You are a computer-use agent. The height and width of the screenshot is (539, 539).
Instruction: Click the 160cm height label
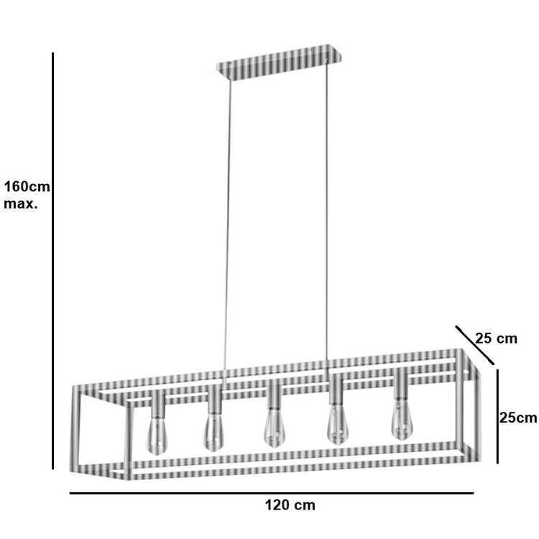pos(27,187)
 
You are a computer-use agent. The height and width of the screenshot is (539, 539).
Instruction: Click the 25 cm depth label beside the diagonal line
pos(496,338)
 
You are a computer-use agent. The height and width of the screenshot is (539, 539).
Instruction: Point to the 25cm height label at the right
pos(518,418)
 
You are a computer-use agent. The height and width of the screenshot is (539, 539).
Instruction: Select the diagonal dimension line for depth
pos(475,346)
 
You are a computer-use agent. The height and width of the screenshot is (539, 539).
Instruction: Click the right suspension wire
pos(328,216)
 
